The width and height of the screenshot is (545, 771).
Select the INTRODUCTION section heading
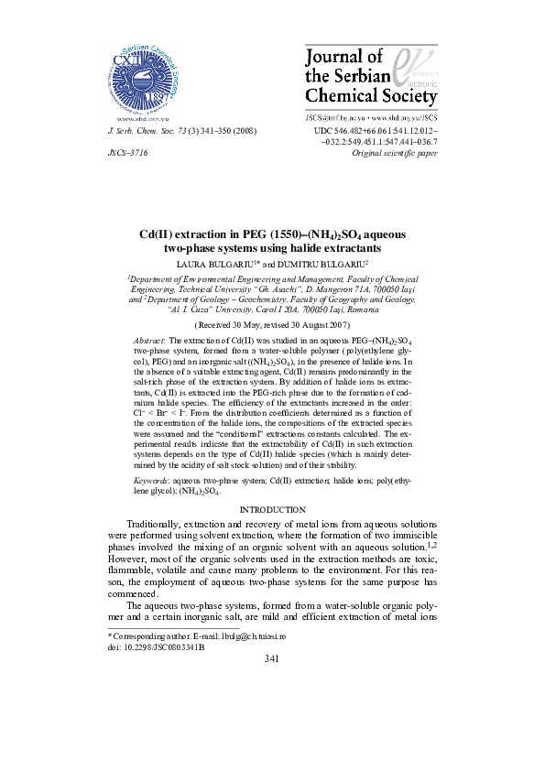pyautogui.click(x=272, y=508)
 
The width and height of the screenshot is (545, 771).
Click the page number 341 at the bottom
pyautogui.click(x=272, y=659)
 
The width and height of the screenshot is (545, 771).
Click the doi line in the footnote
pyautogui.click(x=157, y=646)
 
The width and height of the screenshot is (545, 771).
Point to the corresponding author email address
pyautogui.click(x=274, y=635)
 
